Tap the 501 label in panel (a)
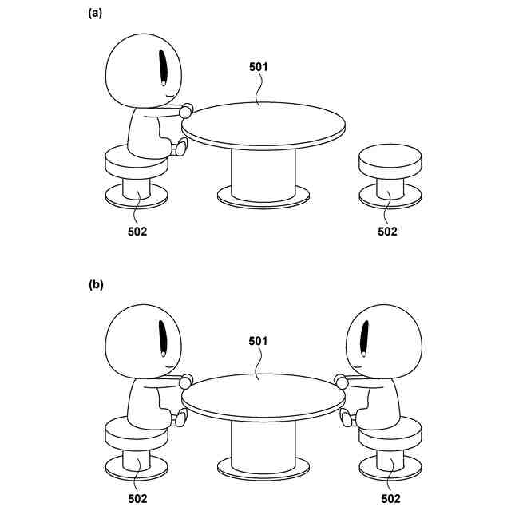pyautogui.click(x=257, y=68)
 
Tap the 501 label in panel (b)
pyautogui.click(x=257, y=341)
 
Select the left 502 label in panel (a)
pyautogui.click(x=137, y=232)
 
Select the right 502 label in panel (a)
pyautogui.click(x=387, y=232)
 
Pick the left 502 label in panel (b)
pyautogui.click(x=137, y=499)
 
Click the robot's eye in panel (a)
pyautogui.click(x=164, y=67)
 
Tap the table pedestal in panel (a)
pyautogui.click(x=263, y=173)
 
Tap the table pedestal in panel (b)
pyautogui.click(x=263, y=443)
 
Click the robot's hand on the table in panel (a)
pyautogui.click(x=187, y=110)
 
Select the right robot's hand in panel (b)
pyautogui.click(x=343, y=382)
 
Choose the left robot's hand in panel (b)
pyautogui.click(x=187, y=381)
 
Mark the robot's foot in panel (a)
pyautogui.click(x=181, y=146)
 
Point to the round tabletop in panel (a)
pyautogui.click(x=263, y=124)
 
